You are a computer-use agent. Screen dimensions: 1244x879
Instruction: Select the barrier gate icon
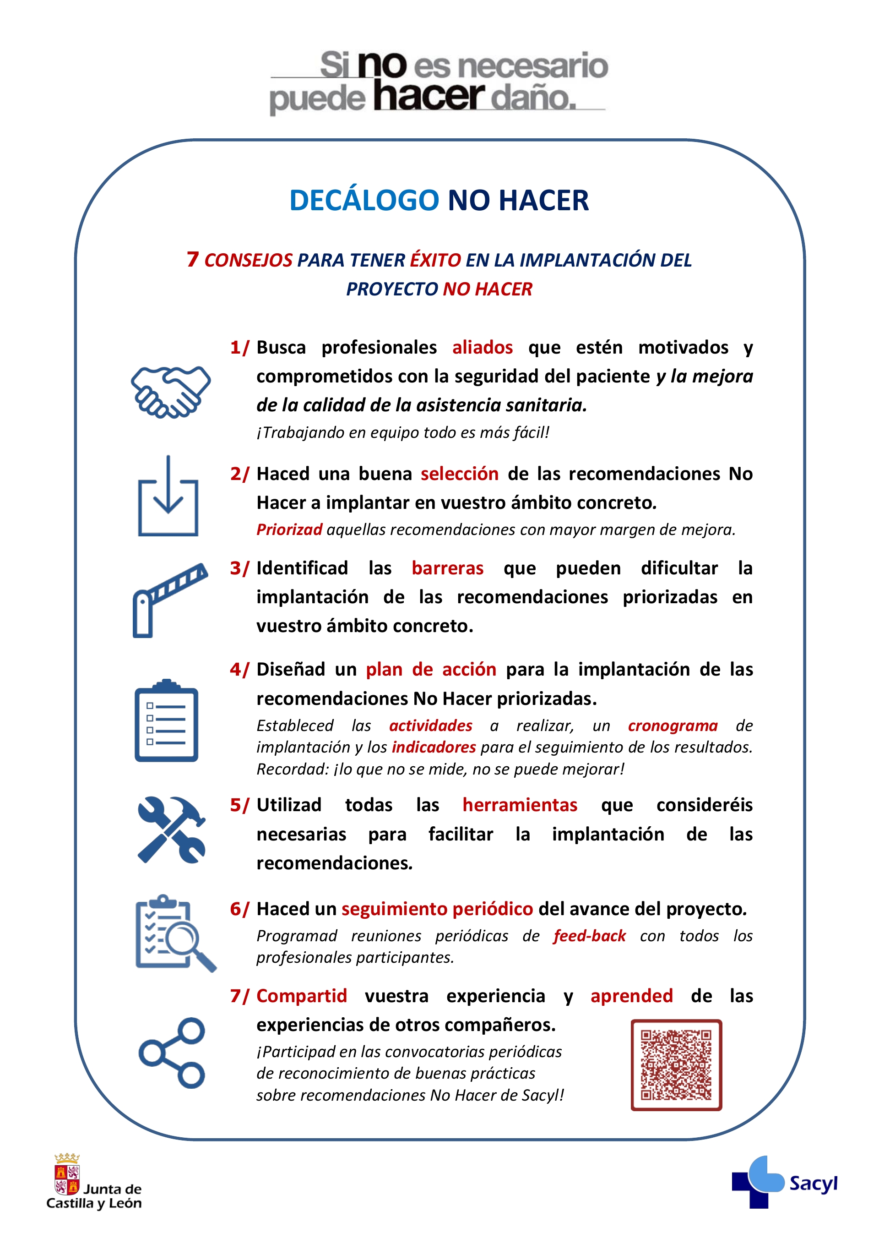coord(169,600)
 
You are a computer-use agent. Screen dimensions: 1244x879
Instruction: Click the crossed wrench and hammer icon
coord(171,829)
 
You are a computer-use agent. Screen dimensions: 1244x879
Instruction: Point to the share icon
coord(172,1053)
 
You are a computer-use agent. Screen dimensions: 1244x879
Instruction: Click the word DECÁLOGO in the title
coord(364,201)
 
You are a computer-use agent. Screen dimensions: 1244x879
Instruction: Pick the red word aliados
coord(482,347)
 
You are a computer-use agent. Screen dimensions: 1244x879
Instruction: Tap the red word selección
coord(459,474)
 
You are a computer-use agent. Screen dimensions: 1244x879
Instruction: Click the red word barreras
coord(447,568)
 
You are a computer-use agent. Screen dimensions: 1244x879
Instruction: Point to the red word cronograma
coord(673,726)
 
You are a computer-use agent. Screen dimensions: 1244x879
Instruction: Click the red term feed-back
coord(589,936)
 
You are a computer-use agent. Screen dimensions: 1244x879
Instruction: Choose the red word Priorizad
coord(289,529)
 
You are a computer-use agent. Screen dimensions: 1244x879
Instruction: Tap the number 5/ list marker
coord(239,805)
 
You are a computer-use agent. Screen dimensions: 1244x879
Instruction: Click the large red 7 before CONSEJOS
coord(192,260)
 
